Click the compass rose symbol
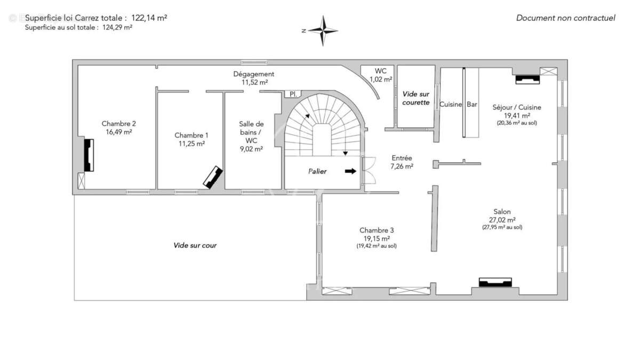pyautogui.click(x=323, y=30)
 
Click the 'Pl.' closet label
pyautogui.click(x=292, y=94)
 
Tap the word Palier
pyautogui.click(x=317, y=172)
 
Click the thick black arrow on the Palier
pyautogui.click(x=350, y=171)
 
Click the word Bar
pyautogui.click(x=472, y=105)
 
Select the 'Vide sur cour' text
pyautogui.click(x=195, y=246)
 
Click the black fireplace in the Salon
pyautogui.click(x=495, y=282)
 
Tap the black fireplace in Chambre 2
pyautogui.click(x=89, y=155)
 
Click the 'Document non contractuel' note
pyautogui.click(x=565, y=18)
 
